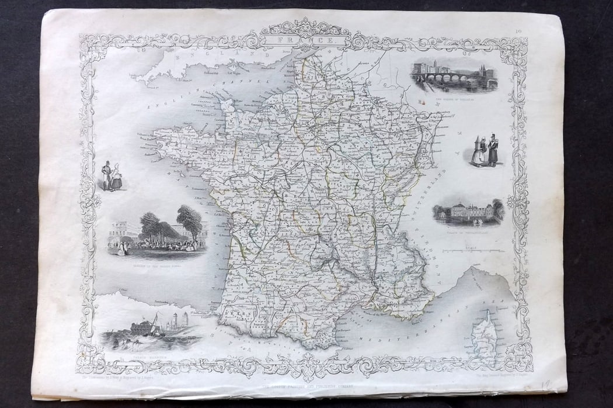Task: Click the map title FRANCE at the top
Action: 306,41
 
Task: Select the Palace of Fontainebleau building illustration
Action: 468,213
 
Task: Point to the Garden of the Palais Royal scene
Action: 156,234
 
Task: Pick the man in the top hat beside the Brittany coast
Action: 106,176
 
